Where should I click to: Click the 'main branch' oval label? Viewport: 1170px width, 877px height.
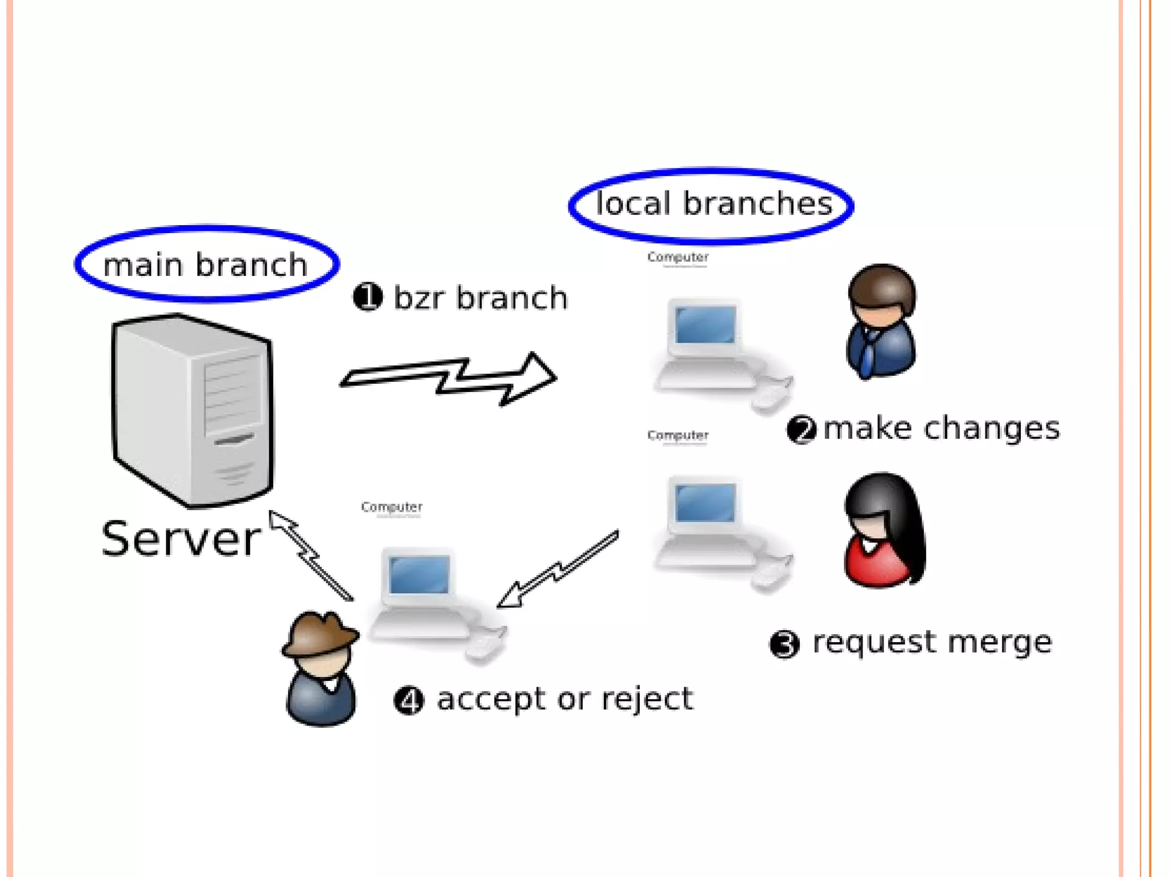coord(206,264)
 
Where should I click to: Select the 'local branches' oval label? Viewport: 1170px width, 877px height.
coord(712,205)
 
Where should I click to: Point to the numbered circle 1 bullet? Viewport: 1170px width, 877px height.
coord(367,297)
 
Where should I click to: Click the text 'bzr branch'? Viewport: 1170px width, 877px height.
coord(480,298)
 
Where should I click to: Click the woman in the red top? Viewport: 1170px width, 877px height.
coord(883,531)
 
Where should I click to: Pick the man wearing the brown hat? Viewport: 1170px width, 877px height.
coord(320,668)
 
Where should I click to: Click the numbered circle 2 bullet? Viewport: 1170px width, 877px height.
coord(801,429)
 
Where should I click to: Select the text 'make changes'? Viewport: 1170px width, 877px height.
coord(941,429)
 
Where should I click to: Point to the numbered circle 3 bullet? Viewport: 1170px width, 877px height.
coord(784,644)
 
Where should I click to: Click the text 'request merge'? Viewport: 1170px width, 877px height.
coord(932,642)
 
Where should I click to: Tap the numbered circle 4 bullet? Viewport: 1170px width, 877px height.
coord(409,700)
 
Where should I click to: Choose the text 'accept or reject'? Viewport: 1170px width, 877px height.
coord(564,699)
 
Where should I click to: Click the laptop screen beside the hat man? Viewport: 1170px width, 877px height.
coord(419,574)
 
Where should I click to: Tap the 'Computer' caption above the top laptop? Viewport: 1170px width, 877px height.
coord(678,258)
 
